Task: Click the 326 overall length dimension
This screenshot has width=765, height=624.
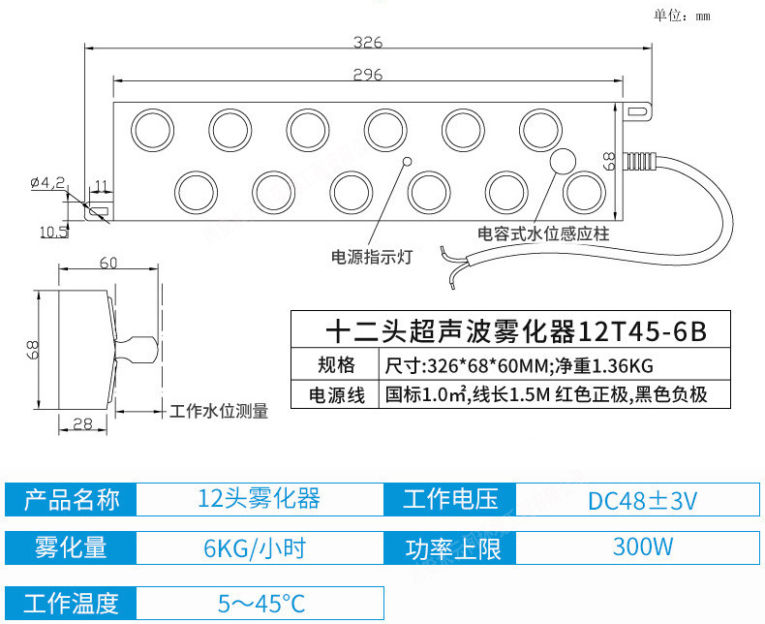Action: [367, 42]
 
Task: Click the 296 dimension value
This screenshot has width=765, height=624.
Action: [367, 74]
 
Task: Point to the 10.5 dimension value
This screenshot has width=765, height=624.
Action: [53, 231]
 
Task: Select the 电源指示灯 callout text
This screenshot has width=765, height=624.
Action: [373, 258]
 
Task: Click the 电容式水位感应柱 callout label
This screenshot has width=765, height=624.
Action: [543, 234]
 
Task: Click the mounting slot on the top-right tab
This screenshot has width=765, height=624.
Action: [635, 111]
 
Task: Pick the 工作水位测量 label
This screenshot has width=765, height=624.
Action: [219, 411]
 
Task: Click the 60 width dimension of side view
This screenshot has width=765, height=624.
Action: [108, 263]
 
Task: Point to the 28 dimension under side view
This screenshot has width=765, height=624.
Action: [83, 422]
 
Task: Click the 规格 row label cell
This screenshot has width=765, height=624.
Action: [336, 365]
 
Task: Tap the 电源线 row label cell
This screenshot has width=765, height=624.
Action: [336, 394]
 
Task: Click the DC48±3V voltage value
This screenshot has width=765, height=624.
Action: [642, 500]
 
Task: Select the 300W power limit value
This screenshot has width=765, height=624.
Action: [642, 546]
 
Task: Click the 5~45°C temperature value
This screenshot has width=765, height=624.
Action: [260, 604]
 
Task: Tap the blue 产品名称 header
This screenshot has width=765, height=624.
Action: [71, 500]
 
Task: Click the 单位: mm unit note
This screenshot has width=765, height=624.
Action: [682, 15]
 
